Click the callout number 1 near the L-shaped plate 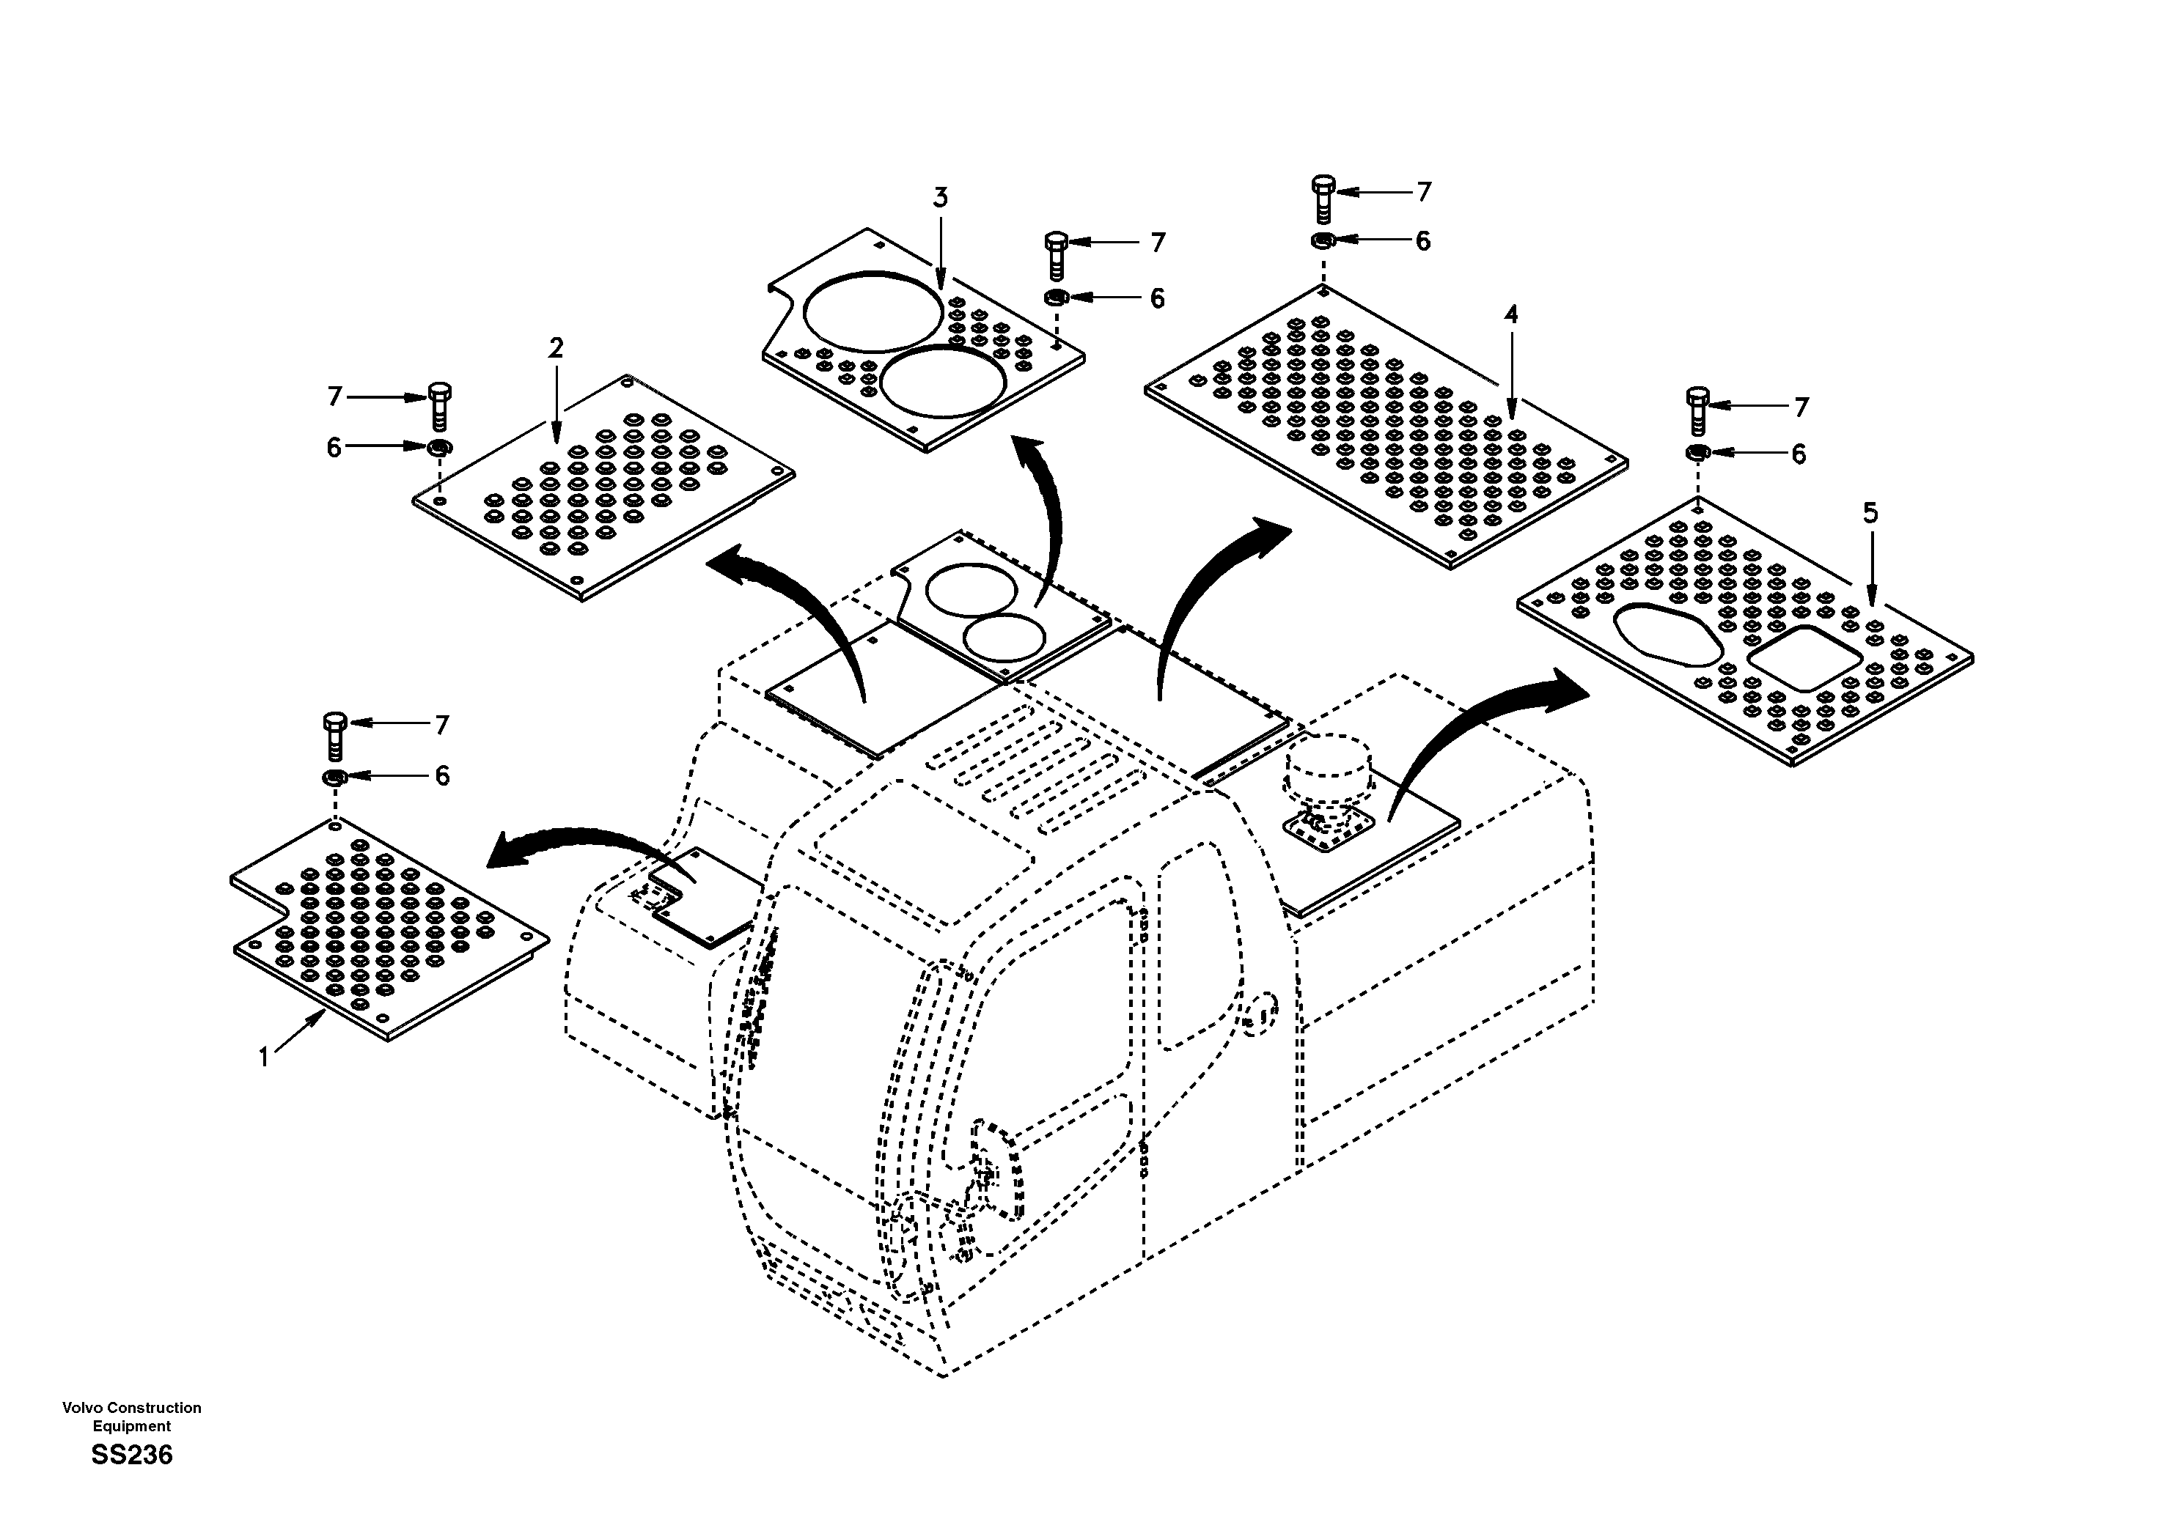click(x=264, y=1056)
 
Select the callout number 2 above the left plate click(x=556, y=349)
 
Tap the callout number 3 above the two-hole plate click(x=940, y=199)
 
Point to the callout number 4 click(x=1511, y=314)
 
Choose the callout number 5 click(x=1870, y=514)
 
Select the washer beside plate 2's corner click(x=438, y=448)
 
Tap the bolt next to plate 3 click(x=1056, y=253)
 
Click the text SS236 click(x=132, y=1455)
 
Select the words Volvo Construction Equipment click(x=132, y=1417)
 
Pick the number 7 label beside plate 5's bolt click(x=1801, y=407)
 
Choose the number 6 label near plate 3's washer click(x=1156, y=299)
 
